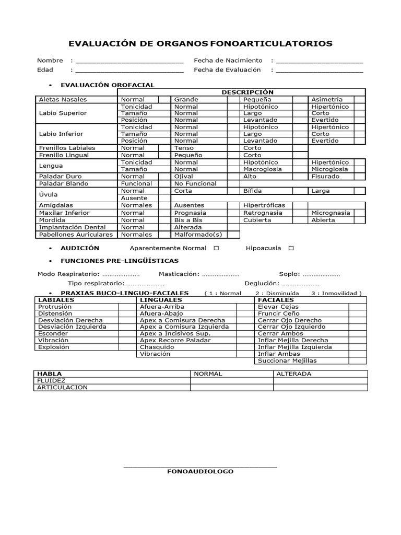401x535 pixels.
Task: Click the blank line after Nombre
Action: click(x=129, y=61)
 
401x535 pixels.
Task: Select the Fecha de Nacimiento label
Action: click(x=228, y=61)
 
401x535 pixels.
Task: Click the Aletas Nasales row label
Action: click(x=63, y=99)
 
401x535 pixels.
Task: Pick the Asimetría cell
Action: click(x=327, y=99)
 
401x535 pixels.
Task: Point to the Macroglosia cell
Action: click(x=263, y=169)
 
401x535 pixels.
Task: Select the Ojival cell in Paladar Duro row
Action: click(x=183, y=177)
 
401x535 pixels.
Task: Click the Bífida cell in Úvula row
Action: click(x=253, y=191)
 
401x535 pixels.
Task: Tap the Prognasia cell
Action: click(x=190, y=213)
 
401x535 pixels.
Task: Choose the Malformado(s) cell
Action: click(x=194, y=235)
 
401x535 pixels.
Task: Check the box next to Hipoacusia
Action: click(x=291, y=248)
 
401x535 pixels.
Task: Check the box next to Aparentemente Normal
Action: click(x=216, y=248)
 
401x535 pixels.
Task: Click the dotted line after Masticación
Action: click(x=220, y=274)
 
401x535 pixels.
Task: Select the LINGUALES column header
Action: click(x=161, y=300)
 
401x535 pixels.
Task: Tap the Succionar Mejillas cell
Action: click(x=287, y=360)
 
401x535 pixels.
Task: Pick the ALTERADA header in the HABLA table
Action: click(x=293, y=374)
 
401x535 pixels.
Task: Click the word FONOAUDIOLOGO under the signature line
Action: click(x=200, y=471)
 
